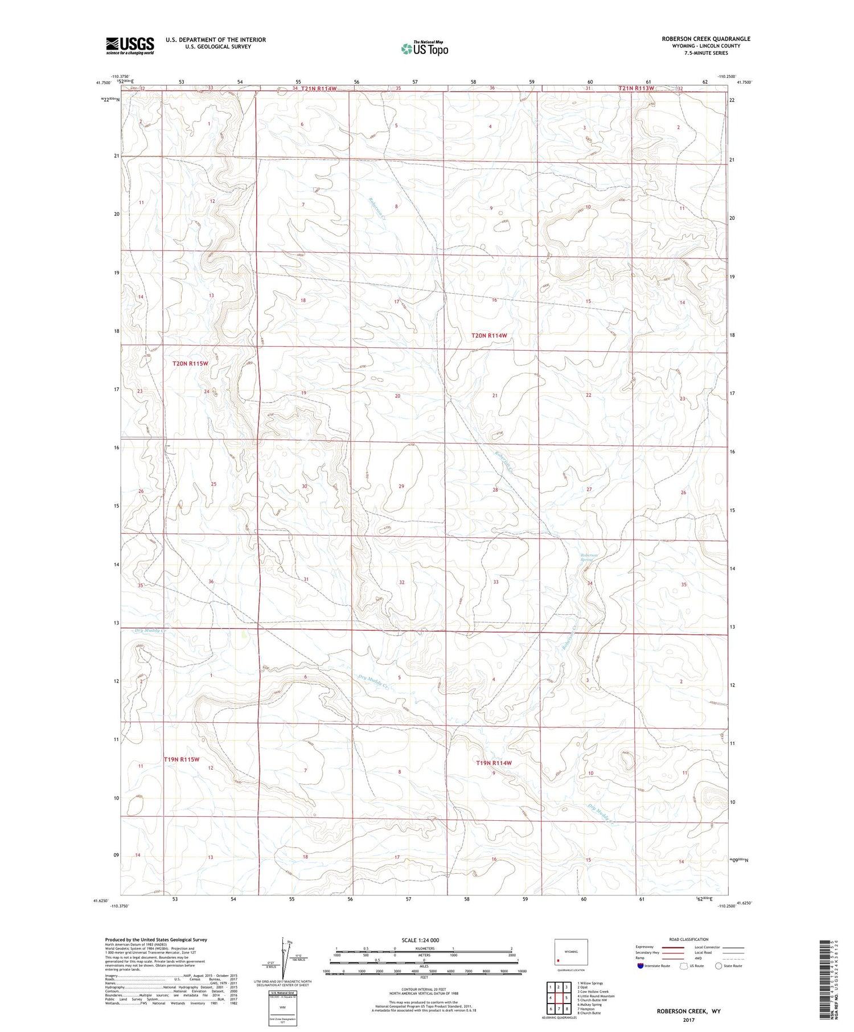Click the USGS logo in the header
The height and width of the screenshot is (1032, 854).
[x=130, y=46]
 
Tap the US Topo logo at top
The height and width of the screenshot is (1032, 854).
[x=425, y=48]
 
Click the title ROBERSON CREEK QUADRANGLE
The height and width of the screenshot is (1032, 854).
[x=705, y=39]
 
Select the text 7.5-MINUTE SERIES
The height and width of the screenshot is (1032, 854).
[x=705, y=53]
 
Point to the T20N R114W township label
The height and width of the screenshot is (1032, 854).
[x=488, y=336]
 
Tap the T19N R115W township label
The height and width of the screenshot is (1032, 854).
[x=182, y=759]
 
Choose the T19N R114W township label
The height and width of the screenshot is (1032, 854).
[x=494, y=763]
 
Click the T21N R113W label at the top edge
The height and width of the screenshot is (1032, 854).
[x=637, y=88]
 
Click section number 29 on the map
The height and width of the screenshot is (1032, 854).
[x=401, y=486]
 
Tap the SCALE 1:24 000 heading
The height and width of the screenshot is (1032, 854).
[x=424, y=940]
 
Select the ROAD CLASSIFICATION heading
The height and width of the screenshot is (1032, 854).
[x=689, y=939]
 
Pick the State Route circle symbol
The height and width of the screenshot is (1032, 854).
[x=718, y=966]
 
